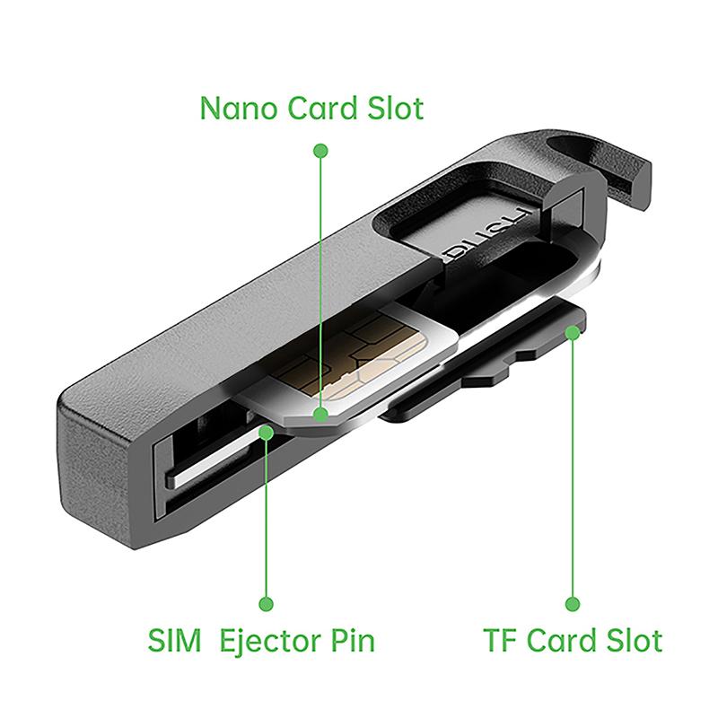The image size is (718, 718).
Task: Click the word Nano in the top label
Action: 239,109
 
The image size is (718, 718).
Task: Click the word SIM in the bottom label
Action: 174,640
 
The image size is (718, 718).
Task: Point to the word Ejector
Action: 270,642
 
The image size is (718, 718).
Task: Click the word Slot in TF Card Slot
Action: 635,640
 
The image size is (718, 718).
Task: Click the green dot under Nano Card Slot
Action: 320,151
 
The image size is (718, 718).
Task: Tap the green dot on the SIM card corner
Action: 321,415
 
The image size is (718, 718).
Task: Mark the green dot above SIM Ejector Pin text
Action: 266,604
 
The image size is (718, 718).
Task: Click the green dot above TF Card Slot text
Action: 573,604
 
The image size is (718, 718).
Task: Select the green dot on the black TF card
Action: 573,332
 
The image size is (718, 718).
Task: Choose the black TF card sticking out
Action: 486,360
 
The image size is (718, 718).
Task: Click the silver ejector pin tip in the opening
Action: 215,458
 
